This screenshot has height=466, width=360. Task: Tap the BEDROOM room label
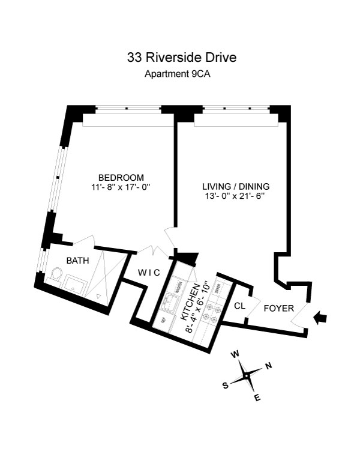coord(121,177)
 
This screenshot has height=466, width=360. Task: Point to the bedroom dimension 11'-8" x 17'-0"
coord(121,187)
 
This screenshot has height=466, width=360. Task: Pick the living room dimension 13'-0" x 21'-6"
coord(236,195)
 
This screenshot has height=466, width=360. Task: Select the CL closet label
coord(239,306)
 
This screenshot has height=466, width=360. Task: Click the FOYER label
coord(279,309)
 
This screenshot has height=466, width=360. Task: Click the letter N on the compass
coord(268,366)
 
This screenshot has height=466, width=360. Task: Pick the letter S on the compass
coord(226,386)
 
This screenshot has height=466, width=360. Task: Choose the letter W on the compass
coord(236,354)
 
